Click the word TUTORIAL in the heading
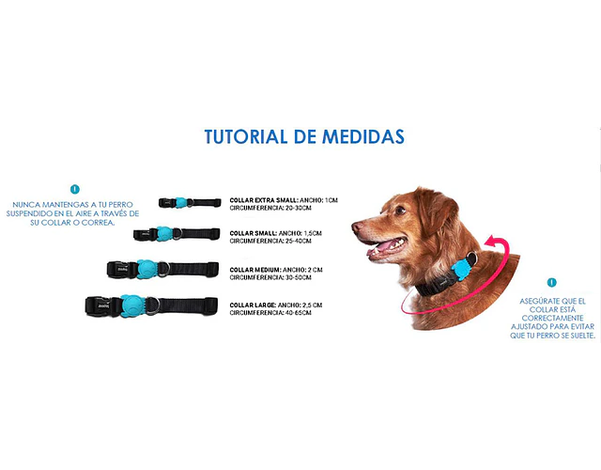point(246,136)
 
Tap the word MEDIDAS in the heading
point(363,136)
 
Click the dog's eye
point(400,210)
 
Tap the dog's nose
point(357,227)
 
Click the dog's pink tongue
point(388,245)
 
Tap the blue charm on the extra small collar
point(180,203)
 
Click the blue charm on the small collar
point(164,233)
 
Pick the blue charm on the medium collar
point(146,269)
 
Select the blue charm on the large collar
point(133,305)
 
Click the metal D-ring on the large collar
point(153,305)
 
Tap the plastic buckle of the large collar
point(99,306)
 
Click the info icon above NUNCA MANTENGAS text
point(75,189)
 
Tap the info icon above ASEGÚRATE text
point(551,282)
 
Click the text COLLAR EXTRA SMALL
point(264,200)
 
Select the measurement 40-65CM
point(299,313)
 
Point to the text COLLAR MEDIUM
point(255,270)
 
